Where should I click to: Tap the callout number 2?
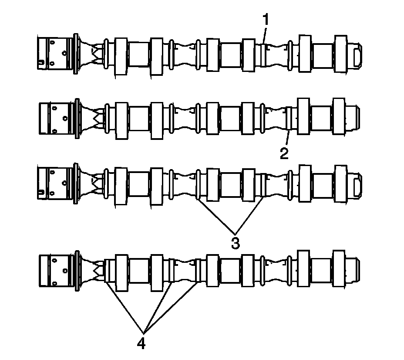[284, 154]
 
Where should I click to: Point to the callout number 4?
[141, 343]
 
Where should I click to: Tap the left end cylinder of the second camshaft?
[54, 118]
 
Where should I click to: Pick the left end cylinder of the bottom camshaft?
[54, 270]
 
